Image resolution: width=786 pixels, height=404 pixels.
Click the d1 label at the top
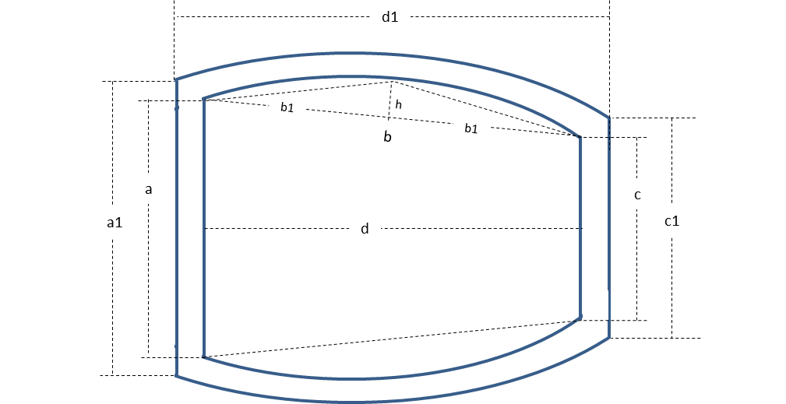coord(389,17)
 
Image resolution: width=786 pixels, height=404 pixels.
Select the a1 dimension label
coord(115,223)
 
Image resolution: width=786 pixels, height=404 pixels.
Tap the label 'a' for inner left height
coord(148,189)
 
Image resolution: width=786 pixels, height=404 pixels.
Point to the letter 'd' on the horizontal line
coord(365,229)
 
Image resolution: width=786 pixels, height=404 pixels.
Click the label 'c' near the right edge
coord(637,195)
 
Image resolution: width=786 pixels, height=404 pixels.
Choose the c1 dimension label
coord(671,221)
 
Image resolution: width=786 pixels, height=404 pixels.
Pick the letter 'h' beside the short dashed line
coord(399,104)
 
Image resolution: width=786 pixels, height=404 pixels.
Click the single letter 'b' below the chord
coord(387,138)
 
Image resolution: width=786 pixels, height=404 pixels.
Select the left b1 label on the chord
coord(287,107)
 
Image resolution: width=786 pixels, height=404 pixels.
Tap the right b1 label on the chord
coord(471,128)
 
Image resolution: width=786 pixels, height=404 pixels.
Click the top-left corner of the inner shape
coord(203,100)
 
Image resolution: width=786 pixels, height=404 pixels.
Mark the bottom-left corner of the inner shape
coord(203,357)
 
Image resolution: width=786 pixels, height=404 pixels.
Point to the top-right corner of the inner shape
coord(580,138)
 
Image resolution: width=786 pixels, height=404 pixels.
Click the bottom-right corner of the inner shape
coord(580,318)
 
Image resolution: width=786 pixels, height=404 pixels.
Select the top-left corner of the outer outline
coord(177,79)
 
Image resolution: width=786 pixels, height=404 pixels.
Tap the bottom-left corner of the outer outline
coord(177,376)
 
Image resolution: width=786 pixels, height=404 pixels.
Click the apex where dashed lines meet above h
coord(391,82)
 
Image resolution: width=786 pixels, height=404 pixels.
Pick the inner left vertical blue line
coord(203,234)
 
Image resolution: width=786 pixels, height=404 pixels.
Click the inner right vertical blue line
coord(580,234)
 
